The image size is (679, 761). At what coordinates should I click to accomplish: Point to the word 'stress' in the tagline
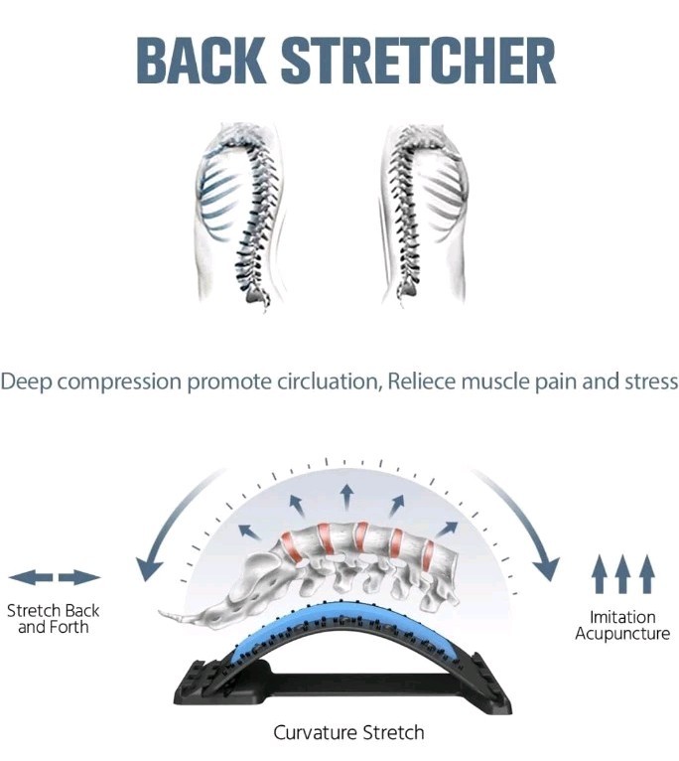coord(650,381)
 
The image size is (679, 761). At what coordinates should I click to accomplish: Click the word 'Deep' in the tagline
coord(27,381)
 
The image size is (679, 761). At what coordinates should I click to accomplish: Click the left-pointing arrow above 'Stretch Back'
coord(30,577)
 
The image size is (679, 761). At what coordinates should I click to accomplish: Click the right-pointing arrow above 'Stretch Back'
coord(79,577)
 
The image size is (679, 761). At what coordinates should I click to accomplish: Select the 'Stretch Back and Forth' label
coord(54,619)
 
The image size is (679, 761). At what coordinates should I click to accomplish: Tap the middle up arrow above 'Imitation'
coord(622,574)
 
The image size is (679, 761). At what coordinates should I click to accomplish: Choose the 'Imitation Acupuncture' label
coord(622,625)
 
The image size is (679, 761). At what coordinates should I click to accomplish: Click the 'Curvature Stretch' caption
coord(348,733)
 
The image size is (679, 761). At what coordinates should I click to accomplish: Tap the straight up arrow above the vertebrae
coord(345,494)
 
